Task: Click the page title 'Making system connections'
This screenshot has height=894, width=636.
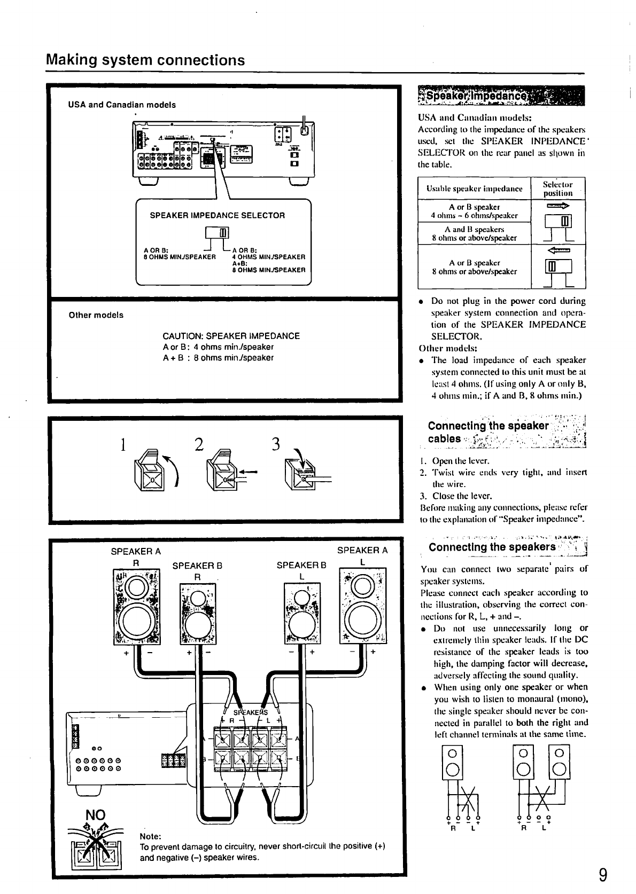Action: coord(145,60)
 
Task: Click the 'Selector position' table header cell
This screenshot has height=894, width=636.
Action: coord(557,189)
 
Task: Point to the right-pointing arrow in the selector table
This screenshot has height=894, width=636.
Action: coord(558,205)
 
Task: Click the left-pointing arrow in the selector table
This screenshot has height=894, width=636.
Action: coord(558,249)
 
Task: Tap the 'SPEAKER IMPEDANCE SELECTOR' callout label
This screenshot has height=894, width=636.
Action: coord(217,216)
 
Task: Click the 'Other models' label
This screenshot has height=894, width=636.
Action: coord(96,315)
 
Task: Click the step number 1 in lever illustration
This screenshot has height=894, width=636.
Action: coord(123,444)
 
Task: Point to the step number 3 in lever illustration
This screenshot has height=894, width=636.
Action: coord(276,444)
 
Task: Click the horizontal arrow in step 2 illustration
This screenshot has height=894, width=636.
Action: coord(249,471)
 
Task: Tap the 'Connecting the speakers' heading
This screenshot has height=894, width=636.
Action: coord(492,547)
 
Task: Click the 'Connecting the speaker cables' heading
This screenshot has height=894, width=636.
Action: coord(488,432)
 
